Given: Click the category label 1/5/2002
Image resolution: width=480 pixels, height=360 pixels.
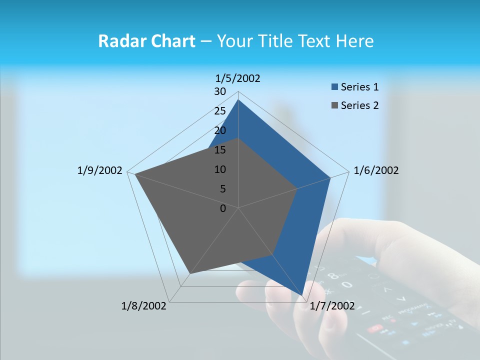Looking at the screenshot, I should (238, 78).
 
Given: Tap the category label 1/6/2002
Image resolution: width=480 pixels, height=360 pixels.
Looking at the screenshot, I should (376, 170).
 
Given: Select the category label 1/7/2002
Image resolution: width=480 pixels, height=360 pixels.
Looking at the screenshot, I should (332, 306).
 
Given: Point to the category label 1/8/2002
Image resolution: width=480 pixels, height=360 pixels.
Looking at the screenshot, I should (144, 306).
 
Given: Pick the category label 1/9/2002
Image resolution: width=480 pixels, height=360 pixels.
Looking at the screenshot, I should (100, 170).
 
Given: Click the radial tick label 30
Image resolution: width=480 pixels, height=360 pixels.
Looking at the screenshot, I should (220, 91).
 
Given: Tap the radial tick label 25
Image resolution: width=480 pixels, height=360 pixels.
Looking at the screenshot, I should (220, 111).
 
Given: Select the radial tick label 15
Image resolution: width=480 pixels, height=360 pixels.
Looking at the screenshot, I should (220, 150).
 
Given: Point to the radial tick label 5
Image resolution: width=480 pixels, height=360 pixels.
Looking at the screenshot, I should (223, 189).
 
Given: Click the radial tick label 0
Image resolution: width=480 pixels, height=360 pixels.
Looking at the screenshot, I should (223, 208).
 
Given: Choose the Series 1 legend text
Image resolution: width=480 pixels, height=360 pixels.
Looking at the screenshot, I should (359, 87).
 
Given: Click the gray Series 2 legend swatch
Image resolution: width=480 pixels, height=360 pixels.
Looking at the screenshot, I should (334, 105).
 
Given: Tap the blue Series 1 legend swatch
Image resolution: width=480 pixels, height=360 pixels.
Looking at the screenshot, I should (334, 87).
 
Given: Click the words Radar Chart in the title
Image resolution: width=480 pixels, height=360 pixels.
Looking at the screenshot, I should (146, 41).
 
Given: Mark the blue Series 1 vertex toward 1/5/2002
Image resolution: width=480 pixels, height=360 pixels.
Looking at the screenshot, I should (238, 99).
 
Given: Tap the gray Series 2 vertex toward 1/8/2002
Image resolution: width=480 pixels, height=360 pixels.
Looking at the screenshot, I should (189, 274).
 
